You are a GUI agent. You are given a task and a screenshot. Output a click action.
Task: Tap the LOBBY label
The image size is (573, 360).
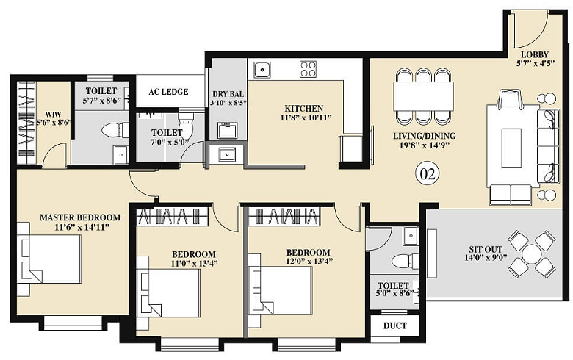click(x=534, y=54)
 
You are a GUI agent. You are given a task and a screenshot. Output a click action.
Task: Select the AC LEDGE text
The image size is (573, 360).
click(x=168, y=92)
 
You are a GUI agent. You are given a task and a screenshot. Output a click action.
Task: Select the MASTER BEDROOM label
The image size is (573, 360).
click(x=79, y=217)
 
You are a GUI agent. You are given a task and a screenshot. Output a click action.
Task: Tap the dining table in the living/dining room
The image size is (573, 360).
click(x=422, y=96)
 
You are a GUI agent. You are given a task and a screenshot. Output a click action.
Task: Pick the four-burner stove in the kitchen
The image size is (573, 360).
click(x=308, y=69)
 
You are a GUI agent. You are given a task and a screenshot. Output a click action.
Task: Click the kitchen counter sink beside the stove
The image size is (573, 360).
click(x=262, y=70)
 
